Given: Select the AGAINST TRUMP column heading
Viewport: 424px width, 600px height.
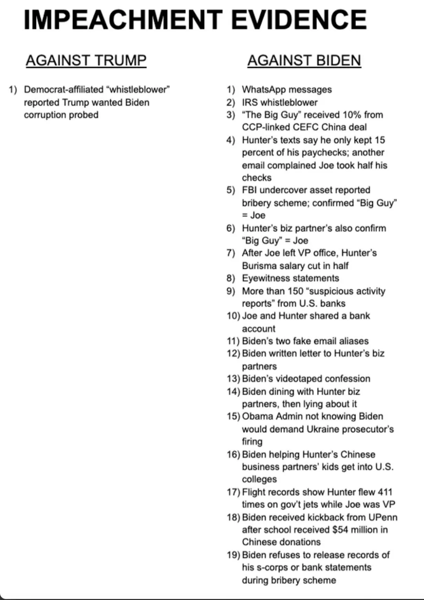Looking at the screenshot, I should pyautogui.click(x=86, y=60).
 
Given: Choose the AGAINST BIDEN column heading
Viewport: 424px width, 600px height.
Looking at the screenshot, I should pyautogui.click(x=304, y=60).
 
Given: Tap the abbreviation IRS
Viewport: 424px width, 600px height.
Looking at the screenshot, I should pyautogui.click(x=250, y=102).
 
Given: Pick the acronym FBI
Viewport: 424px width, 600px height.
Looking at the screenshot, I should pyautogui.click(x=249, y=190).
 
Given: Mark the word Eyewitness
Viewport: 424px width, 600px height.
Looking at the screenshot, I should pyautogui.click(x=266, y=278).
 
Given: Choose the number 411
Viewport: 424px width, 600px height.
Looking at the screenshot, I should pyautogui.click(x=385, y=492).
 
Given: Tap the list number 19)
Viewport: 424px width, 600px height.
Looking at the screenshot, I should pyautogui.click(x=233, y=555).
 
